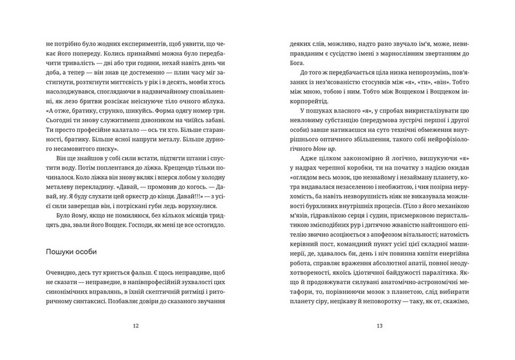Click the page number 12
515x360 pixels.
tap(135, 326)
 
